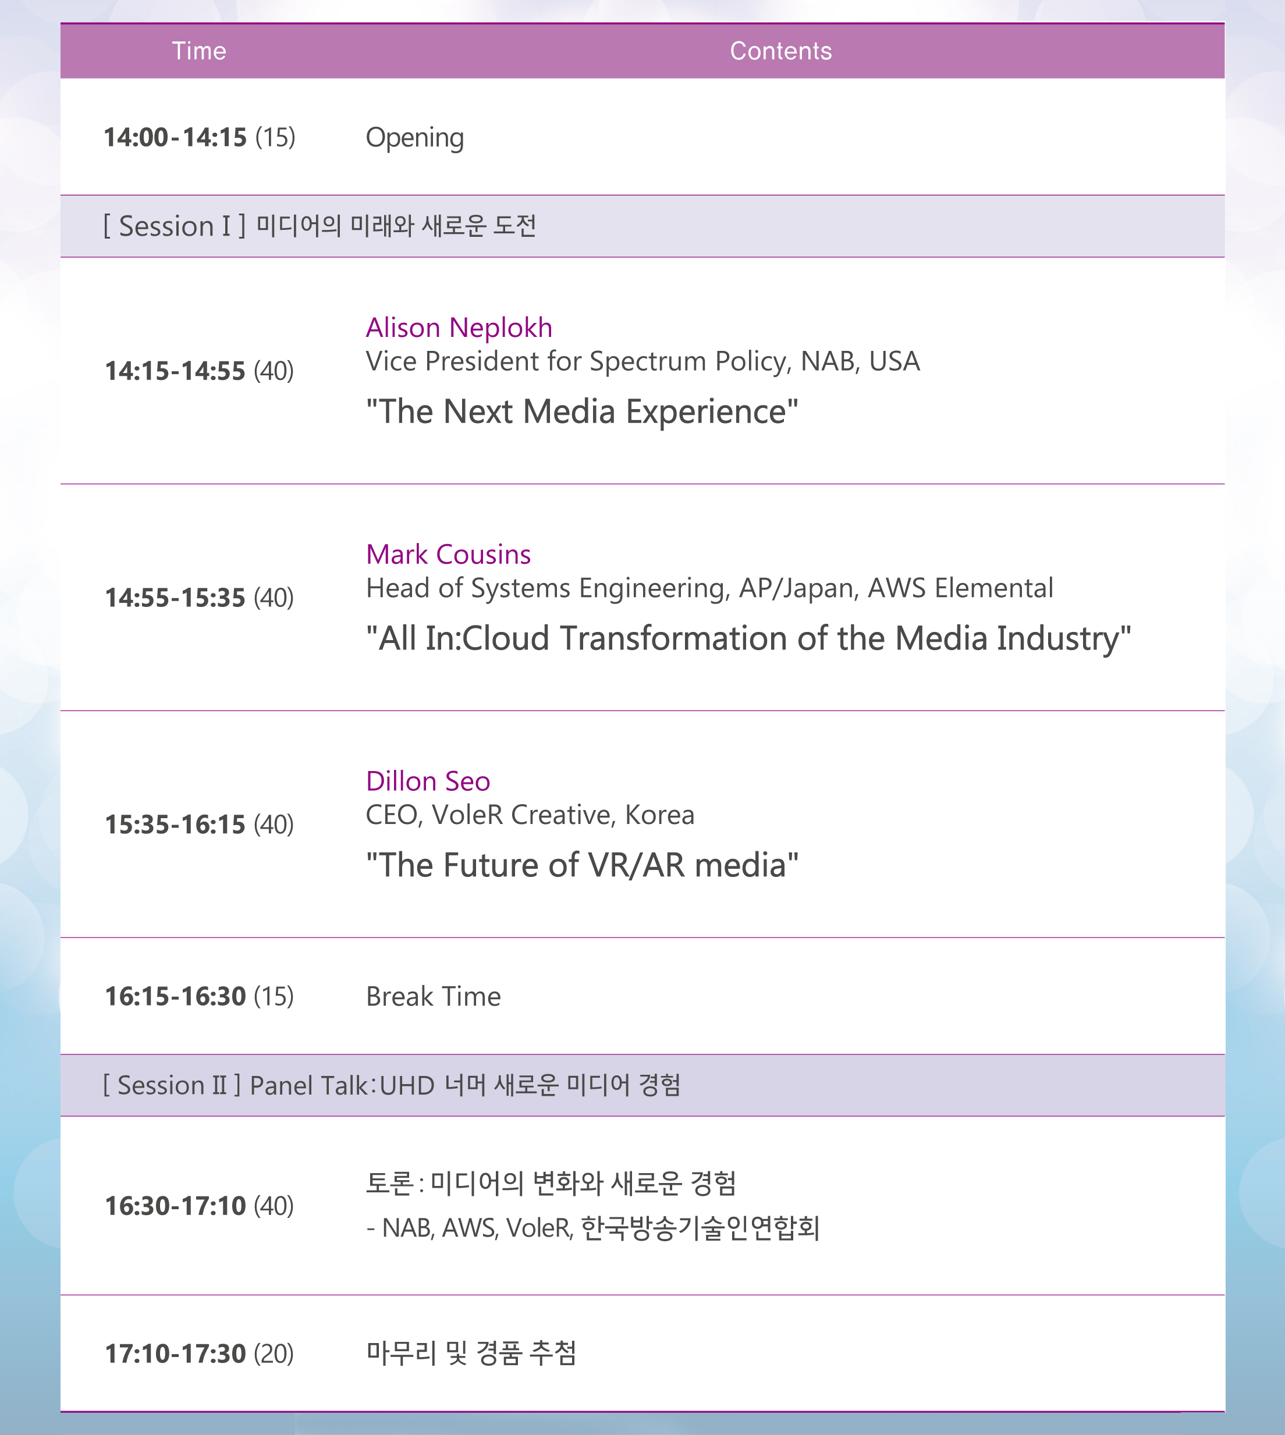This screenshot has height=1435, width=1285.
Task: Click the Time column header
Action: click(x=199, y=51)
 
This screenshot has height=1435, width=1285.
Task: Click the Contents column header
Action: click(x=781, y=51)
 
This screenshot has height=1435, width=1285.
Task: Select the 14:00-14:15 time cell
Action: click(x=199, y=137)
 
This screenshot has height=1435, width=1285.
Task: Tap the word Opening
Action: click(x=414, y=138)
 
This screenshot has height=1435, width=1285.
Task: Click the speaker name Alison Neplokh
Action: click(x=459, y=328)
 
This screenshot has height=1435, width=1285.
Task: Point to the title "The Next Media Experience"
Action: click(x=582, y=411)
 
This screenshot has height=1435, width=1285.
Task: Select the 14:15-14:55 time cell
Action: click(x=199, y=371)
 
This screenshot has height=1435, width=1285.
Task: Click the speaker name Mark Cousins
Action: click(x=448, y=554)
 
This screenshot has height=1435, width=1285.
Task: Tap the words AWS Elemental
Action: click(x=960, y=588)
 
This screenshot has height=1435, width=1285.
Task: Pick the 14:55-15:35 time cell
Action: click(x=199, y=597)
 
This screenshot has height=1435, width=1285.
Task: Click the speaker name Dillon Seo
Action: click(x=428, y=782)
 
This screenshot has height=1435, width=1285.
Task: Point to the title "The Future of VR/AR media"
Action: click(x=582, y=865)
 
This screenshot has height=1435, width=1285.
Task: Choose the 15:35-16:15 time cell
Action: click(x=199, y=824)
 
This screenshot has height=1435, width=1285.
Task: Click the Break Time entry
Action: click(x=434, y=996)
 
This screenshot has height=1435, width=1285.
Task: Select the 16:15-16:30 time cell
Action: click(x=199, y=996)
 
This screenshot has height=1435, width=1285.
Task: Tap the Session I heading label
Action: click(x=175, y=226)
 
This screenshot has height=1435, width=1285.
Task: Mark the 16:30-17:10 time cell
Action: click(x=199, y=1206)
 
